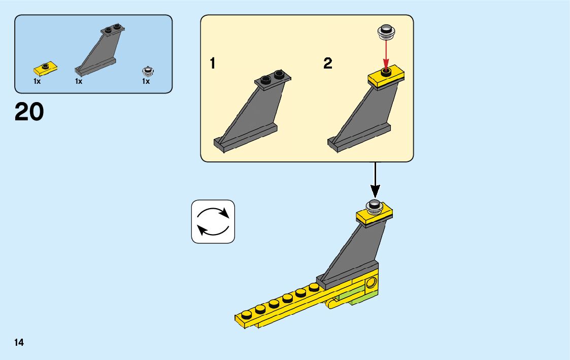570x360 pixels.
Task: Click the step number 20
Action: (29, 112)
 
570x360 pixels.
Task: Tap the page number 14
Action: (19, 342)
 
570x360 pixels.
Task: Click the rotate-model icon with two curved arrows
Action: (213, 221)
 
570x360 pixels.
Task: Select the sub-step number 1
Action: (213, 64)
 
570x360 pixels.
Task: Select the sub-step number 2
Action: (328, 64)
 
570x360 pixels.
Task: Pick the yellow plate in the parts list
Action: (45, 67)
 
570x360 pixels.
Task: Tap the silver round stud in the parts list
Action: (147, 71)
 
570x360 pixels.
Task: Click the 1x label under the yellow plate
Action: (37, 81)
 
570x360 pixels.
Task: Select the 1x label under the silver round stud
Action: (146, 81)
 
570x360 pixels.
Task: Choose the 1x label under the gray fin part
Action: (79, 81)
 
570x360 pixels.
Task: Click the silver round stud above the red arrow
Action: (386, 32)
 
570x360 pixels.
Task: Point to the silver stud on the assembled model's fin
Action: (375, 206)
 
